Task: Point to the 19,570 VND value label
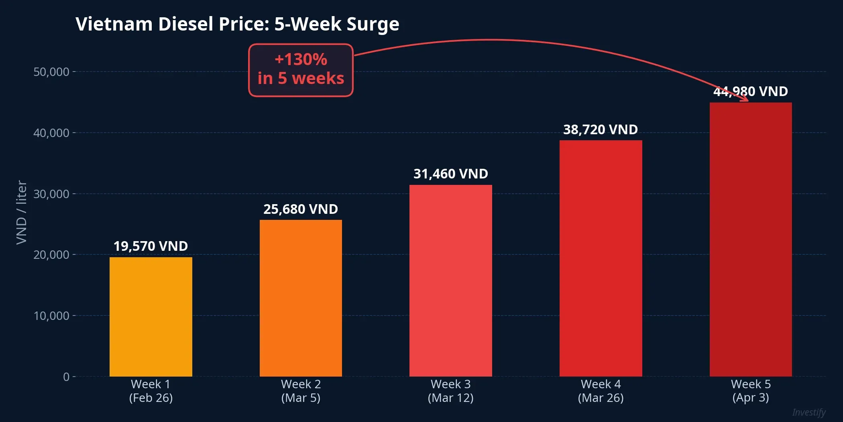[x=151, y=246]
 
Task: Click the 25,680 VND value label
[x=301, y=209]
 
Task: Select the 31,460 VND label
[x=450, y=174]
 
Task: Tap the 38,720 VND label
[x=601, y=129]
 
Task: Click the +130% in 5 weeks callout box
[x=301, y=70]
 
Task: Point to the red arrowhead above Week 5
[x=745, y=98]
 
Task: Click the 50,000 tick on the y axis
[x=51, y=72]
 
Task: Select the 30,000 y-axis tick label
[x=51, y=194]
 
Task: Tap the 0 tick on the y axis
[x=66, y=377]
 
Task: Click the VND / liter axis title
[x=21, y=212]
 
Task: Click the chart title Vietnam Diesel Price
[x=237, y=24]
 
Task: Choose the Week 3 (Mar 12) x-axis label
[x=450, y=391]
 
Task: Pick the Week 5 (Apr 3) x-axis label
[x=751, y=391]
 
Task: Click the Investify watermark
[x=808, y=412]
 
